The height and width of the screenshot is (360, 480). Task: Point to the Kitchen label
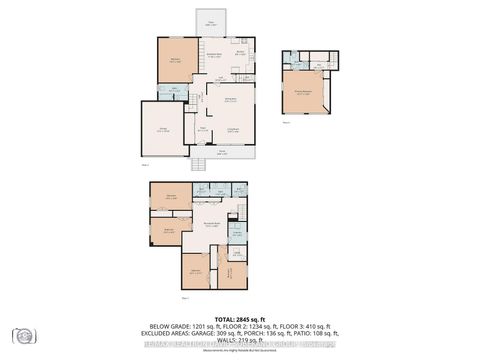pos(240,55)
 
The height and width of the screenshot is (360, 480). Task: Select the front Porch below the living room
pos(222,154)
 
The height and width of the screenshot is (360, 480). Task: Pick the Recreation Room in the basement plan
pos(213,225)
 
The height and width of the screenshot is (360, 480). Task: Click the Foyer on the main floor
pos(203,128)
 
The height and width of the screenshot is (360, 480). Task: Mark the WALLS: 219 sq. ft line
pos(240,341)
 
